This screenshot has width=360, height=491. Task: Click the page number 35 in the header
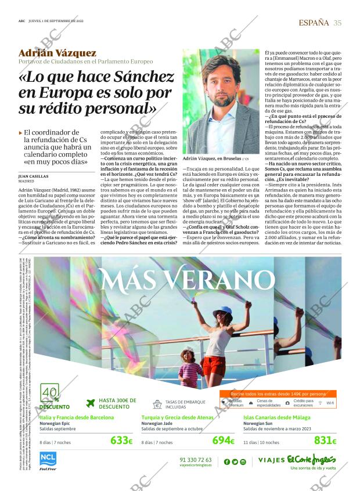tap(337, 23)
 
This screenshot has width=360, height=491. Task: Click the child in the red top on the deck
tap(190, 366)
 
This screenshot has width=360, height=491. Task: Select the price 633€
tap(121, 441)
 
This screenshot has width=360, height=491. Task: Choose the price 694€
tap(223, 441)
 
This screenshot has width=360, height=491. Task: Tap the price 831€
tap(325, 441)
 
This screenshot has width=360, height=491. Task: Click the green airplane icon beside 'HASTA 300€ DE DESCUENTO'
tap(90, 403)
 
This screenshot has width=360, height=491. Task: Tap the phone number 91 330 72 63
tap(196, 460)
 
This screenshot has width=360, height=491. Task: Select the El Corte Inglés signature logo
tap(319, 458)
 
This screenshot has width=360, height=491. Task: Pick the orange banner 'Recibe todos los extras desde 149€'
tap(279, 394)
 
